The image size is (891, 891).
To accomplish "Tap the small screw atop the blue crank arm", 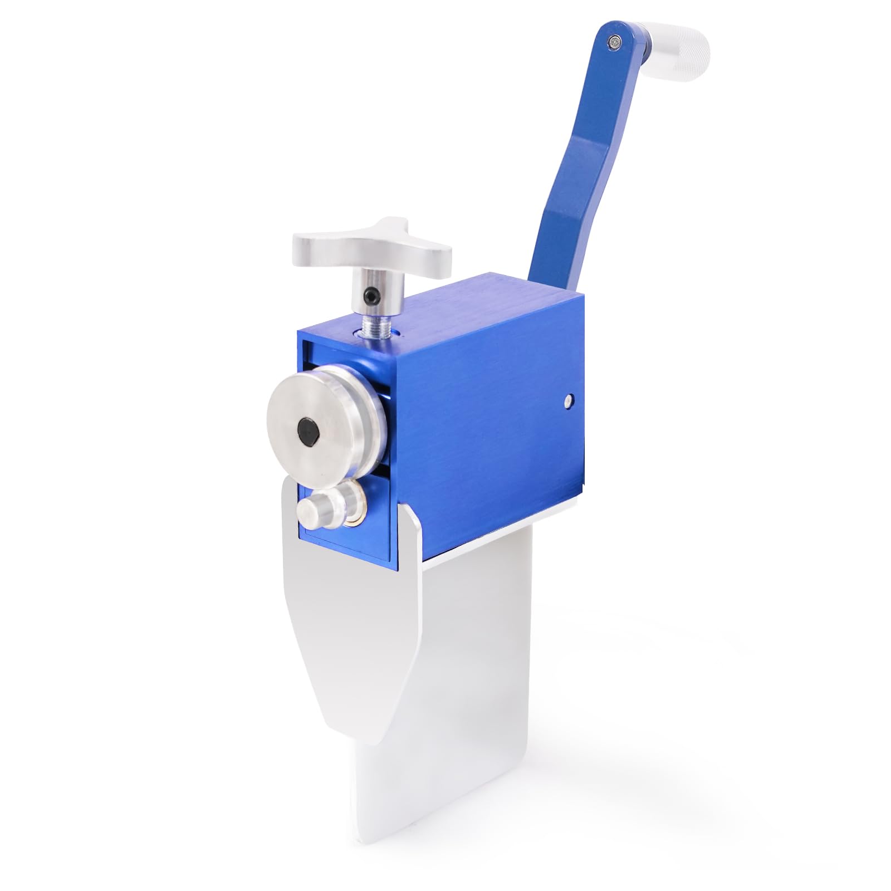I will [x=614, y=40].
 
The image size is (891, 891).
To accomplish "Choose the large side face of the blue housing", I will [x=490, y=423].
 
